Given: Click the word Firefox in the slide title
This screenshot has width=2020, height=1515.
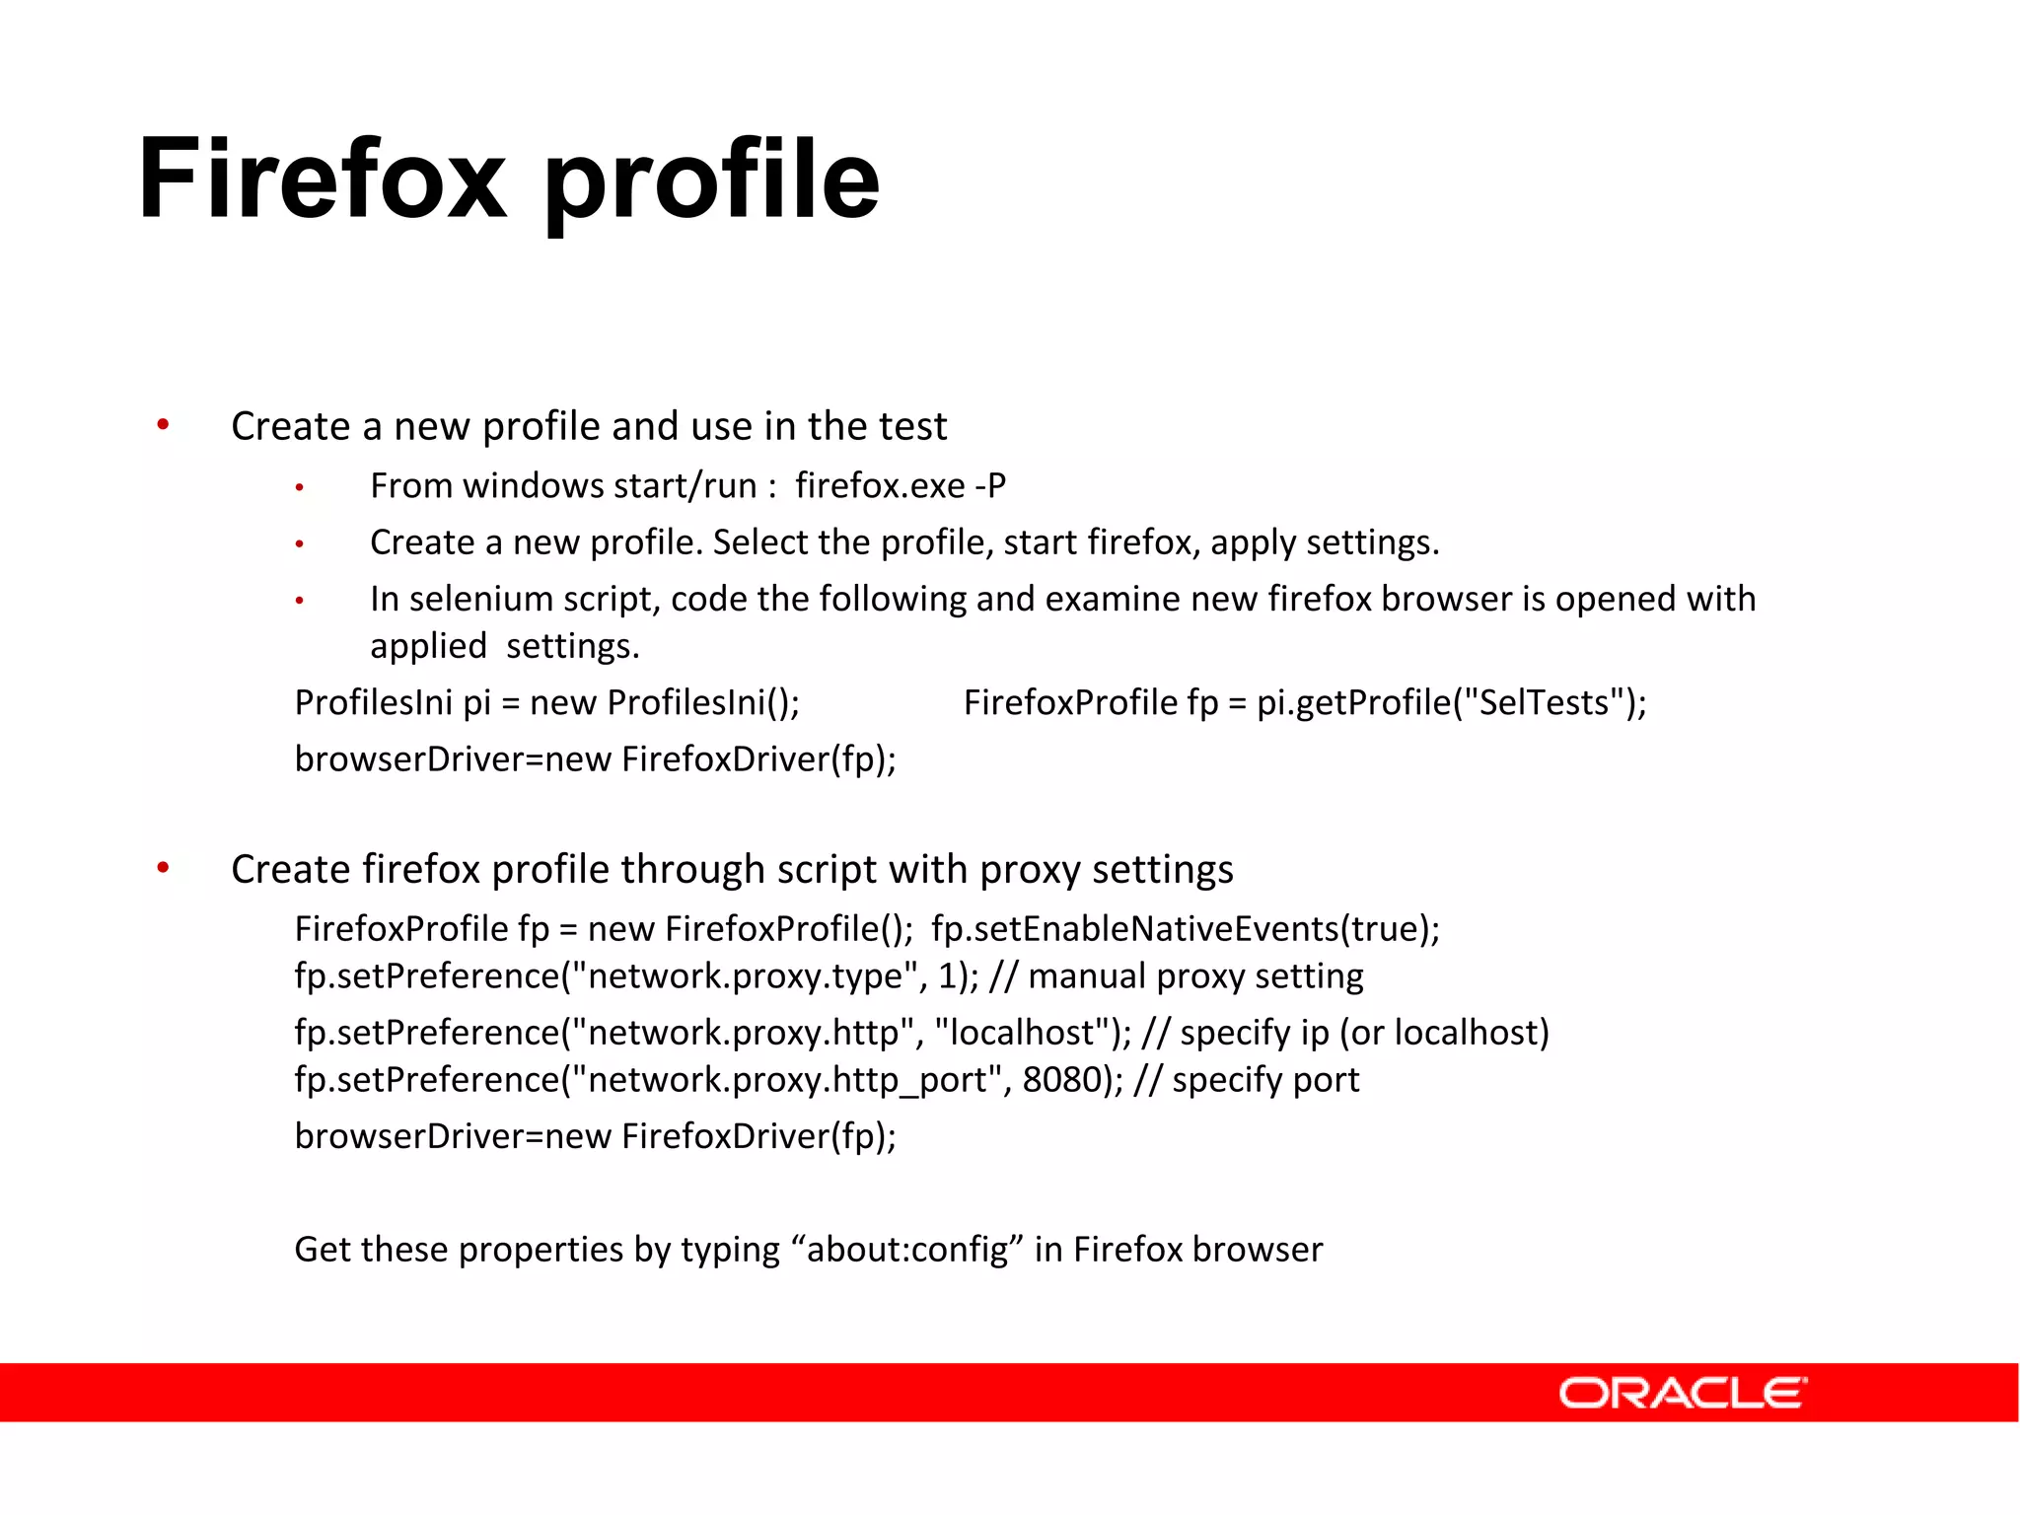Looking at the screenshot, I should coord(323,180).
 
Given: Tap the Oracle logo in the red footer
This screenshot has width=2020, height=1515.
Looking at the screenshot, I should coord(1683,1393).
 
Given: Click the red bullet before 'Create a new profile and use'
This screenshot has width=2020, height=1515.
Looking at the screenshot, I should coord(164,425).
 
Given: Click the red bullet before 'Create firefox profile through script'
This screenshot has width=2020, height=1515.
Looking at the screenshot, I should coord(164,868).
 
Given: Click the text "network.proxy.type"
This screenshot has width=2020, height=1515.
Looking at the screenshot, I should coord(745,976).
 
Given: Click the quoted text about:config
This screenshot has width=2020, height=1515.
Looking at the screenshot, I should coord(907,1250).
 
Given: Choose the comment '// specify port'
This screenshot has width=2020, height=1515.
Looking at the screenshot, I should coord(1246,1080).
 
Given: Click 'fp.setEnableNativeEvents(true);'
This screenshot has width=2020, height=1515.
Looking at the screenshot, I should coord(1185,929).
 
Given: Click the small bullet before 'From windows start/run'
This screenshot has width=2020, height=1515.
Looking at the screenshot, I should coord(299,487).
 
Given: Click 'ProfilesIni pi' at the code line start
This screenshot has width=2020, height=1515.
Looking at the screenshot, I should coord(392,702).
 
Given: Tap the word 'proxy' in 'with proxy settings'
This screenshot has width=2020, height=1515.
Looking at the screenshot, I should coord(1030,870).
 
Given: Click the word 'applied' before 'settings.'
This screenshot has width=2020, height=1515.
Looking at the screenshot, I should coord(428,646).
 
